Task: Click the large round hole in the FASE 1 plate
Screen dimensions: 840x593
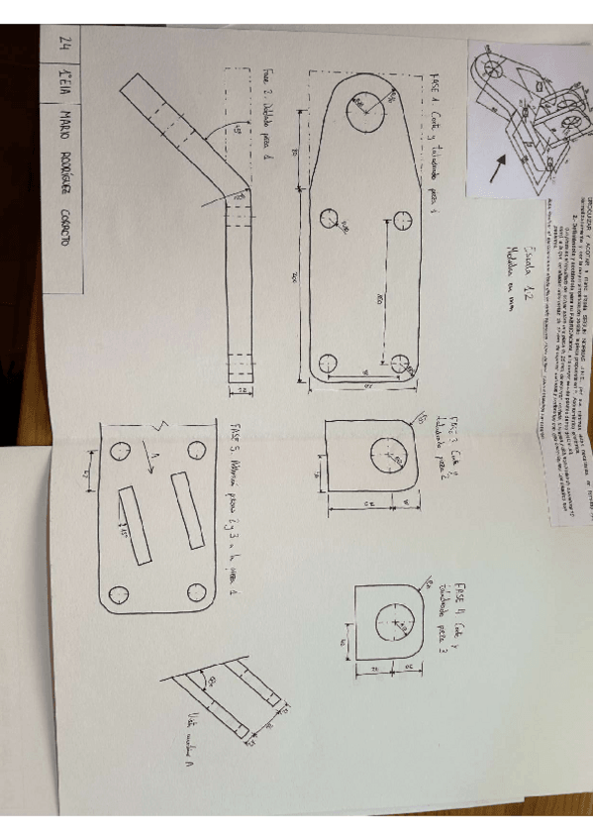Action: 366,107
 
